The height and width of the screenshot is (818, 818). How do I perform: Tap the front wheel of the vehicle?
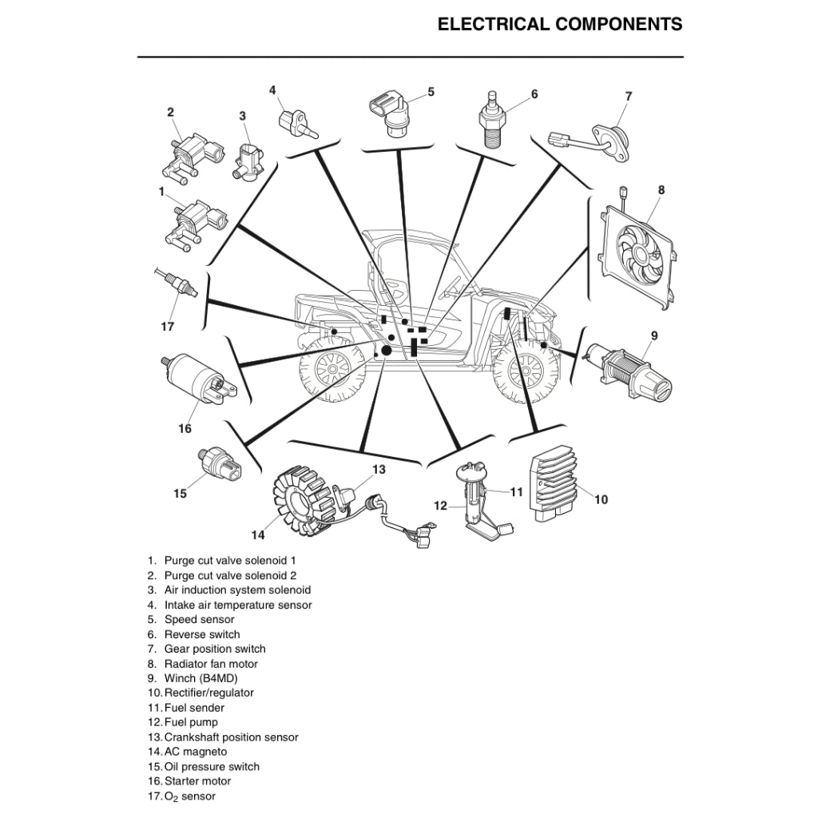click(x=523, y=371)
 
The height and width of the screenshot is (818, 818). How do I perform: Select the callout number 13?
click(x=379, y=470)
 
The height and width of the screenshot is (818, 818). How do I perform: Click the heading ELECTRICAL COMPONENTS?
click(x=559, y=24)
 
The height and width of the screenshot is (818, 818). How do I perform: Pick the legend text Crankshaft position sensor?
click(x=231, y=737)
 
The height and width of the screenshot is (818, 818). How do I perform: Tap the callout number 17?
click(x=167, y=327)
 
